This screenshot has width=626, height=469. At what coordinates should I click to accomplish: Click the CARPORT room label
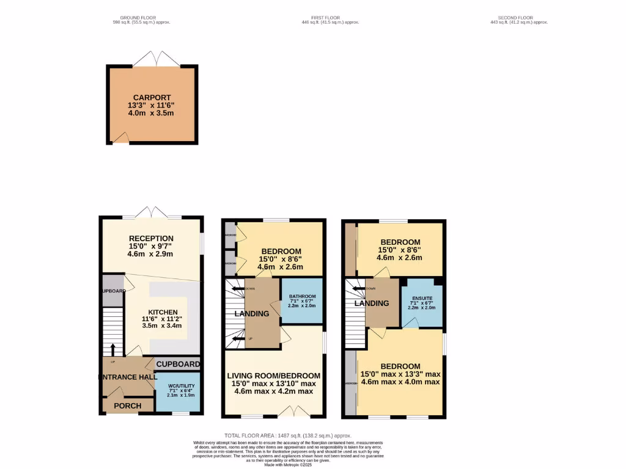[152, 97]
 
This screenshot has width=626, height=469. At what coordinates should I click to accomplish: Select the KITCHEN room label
[162, 312]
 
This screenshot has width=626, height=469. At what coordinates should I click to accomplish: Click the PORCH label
[128, 405]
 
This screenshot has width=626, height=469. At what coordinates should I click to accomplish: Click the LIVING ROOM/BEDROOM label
[274, 376]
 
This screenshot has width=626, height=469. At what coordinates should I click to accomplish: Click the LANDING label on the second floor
[372, 304]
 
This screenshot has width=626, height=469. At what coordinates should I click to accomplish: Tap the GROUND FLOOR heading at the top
[138, 18]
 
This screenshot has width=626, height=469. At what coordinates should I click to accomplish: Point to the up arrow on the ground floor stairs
[112, 349]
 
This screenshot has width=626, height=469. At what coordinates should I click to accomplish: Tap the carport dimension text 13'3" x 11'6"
[152, 106]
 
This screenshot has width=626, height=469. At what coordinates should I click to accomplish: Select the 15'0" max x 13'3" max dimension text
[400, 374]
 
